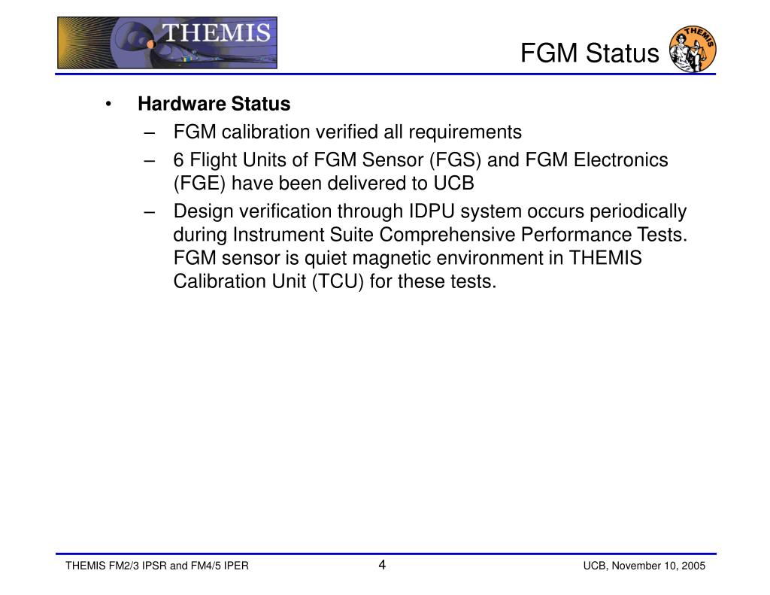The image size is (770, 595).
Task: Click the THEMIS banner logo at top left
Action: (x=167, y=43)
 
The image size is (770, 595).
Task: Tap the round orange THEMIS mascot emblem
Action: (x=693, y=50)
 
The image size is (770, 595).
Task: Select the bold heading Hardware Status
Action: (x=214, y=103)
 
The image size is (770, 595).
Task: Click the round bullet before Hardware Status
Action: (x=110, y=104)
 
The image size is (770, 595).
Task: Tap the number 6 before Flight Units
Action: (x=178, y=160)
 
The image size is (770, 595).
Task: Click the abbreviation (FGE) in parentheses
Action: (x=198, y=184)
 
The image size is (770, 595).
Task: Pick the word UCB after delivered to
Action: (x=453, y=184)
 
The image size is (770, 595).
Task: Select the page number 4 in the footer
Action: (x=382, y=566)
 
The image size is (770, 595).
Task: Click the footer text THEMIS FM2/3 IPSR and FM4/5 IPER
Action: (x=157, y=566)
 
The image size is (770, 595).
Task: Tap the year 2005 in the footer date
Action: (x=693, y=566)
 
